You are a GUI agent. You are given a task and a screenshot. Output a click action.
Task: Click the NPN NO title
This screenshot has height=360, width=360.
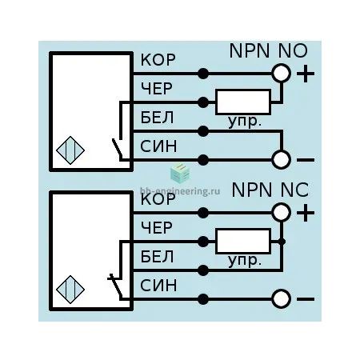click(268, 50)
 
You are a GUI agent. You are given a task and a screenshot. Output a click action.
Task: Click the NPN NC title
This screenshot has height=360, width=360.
click(270, 190)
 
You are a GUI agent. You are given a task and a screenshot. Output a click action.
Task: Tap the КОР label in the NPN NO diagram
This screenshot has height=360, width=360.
click(158, 60)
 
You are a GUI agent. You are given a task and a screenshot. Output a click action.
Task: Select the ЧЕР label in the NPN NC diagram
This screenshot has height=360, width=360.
click(157, 228)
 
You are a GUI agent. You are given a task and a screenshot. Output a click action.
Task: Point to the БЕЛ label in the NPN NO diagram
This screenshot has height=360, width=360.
click(157, 118)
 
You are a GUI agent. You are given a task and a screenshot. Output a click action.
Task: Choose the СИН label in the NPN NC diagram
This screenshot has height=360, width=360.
click(158, 286)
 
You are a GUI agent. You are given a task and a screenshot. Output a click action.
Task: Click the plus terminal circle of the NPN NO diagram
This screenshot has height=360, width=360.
click(281, 74)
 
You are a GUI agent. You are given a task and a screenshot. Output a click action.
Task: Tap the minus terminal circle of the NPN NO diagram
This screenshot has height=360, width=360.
click(281, 159)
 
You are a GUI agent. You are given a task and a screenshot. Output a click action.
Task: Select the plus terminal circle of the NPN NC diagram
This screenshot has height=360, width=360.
click(281, 212)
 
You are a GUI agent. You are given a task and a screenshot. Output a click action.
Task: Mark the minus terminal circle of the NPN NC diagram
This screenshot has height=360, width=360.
click(281, 298)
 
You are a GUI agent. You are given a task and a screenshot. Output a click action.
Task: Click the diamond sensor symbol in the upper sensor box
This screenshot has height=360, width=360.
click(70, 150)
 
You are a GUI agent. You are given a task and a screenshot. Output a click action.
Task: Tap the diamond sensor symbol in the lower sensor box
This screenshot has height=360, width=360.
click(70, 290)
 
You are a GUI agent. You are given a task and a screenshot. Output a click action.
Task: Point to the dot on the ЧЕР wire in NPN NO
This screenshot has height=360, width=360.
click(203, 102)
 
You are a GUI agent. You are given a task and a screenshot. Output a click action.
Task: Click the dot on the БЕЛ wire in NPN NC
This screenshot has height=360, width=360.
click(203, 270)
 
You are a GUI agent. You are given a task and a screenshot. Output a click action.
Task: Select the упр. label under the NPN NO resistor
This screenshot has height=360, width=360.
click(244, 122)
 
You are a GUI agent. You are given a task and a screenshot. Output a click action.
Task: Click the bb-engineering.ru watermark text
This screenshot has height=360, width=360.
click(180, 191)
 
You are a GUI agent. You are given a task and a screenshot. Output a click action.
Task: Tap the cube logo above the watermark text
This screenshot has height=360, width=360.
click(180, 174)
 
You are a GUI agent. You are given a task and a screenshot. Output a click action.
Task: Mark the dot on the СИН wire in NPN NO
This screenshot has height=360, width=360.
click(203, 160)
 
